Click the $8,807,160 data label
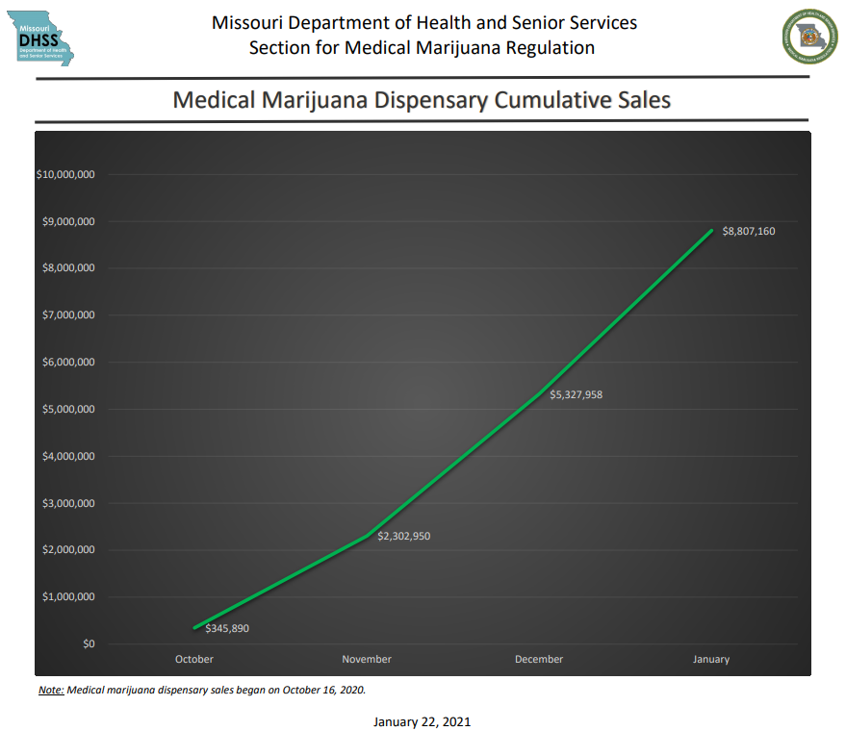(748, 231)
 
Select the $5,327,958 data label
(576, 394)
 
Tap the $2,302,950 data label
(403, 536)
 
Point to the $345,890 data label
(227, 628)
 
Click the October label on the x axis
(194, 659)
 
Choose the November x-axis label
(367, 659)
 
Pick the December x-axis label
(539, 659)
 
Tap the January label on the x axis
(711, 659)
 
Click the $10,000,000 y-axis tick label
(65, 174)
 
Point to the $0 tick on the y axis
(89, 643)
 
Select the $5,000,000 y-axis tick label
(68, 409)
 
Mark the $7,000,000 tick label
(68, 315)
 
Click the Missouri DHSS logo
(44, 39)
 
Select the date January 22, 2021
(422, 720)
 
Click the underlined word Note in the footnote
(50, 690)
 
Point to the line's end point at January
(711, 230)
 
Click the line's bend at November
(367, 536)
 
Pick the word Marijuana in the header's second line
(457, 47)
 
